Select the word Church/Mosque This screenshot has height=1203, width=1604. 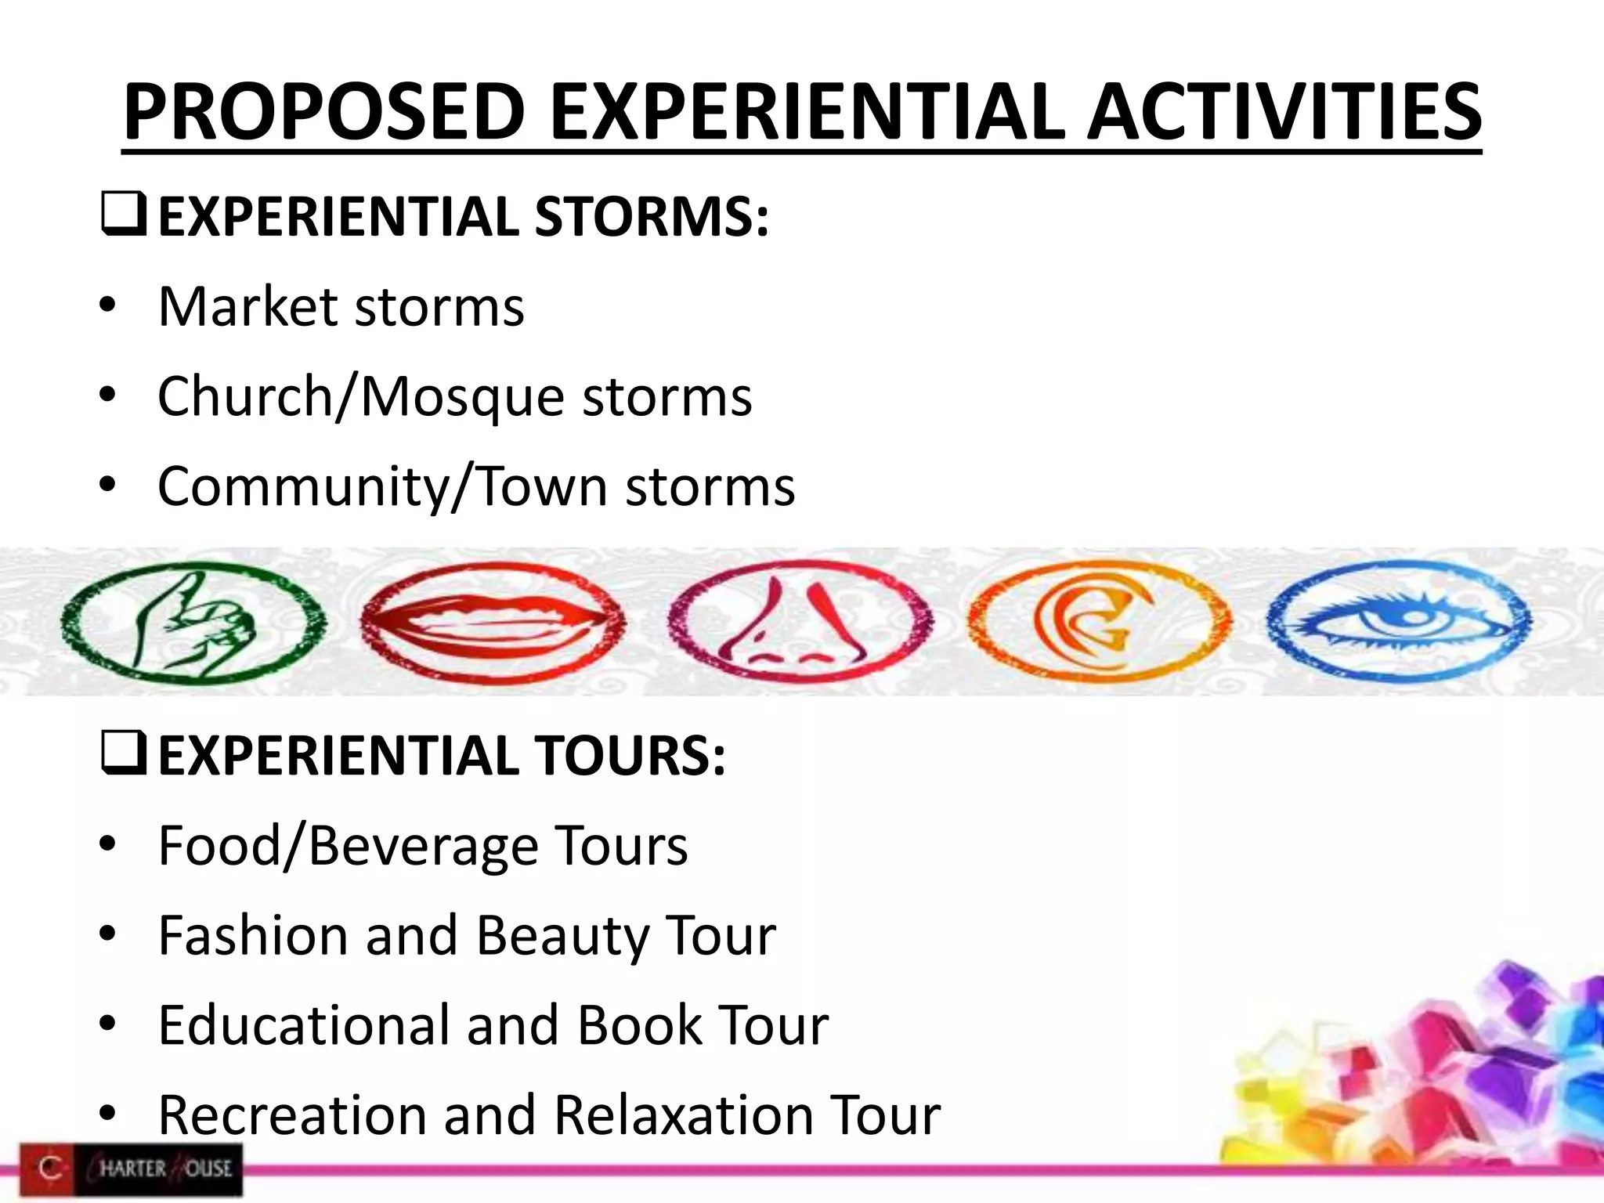[360, 396]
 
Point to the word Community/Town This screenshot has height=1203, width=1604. [382, 486]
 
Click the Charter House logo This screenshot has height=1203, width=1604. [132, 1169]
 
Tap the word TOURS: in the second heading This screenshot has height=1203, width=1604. [630, 757]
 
